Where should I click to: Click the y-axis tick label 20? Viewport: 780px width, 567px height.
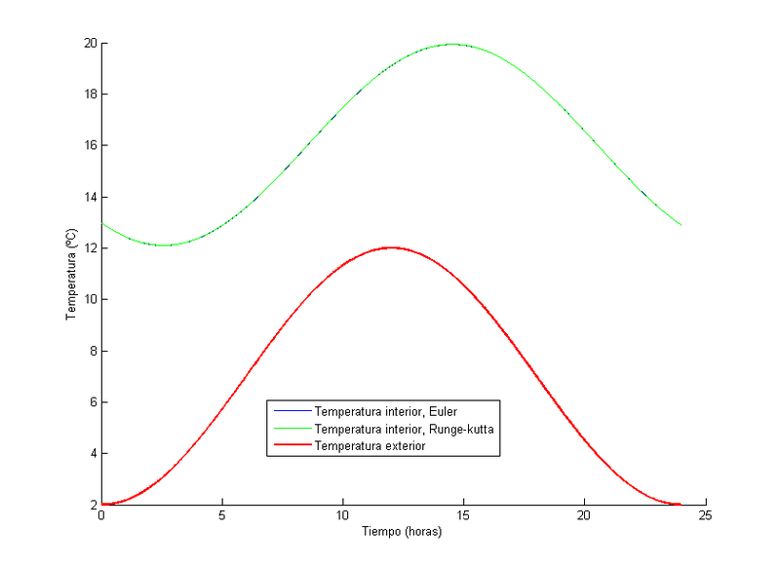(x=89, y=43)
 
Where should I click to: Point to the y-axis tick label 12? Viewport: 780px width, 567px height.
(x=89, y=248)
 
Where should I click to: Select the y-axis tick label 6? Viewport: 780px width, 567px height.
(x=92, y=402)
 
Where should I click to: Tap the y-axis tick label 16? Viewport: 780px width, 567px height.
(x=89, y=146)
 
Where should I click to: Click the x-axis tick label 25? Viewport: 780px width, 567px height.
(x=706, y=516)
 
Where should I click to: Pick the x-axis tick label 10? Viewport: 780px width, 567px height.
(x=343, y=516)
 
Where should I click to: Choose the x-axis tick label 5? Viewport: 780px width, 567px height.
(x=222, y=516)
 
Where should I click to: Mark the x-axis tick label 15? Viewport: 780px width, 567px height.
(x=464, y=516)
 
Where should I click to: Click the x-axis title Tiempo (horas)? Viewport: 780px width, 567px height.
(x=403, y=533)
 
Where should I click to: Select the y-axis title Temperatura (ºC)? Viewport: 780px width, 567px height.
(x=71, y=274)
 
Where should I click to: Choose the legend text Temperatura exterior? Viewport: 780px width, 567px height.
(x=370, y=445)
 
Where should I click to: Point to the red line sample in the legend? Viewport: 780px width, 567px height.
(x=290, y=445)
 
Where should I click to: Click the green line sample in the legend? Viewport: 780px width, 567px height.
(x=290, y=429)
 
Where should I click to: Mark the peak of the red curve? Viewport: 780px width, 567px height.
(x=391, y=247)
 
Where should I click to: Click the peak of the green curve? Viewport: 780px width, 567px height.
(x=451, y=44)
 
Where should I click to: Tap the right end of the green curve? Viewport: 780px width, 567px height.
(x=681, y=225)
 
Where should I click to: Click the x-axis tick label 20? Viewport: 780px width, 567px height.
(x=585, y=516)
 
